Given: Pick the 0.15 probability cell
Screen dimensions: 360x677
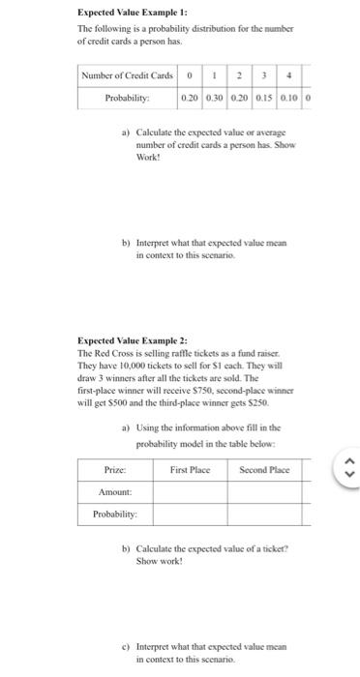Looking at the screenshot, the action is click(262, 99).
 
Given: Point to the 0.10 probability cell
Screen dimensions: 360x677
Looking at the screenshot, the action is click(287, 99).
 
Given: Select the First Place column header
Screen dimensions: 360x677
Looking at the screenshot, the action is click(190, 469).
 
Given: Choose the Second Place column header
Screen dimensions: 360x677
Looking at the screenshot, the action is click(264, 469).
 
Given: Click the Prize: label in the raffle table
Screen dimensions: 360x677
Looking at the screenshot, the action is click(114, 469).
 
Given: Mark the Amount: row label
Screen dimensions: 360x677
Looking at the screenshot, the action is click(114, 491).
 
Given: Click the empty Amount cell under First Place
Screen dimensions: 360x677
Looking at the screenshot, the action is click(190, 491).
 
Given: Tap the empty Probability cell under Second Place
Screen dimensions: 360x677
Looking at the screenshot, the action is click(264, 513).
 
